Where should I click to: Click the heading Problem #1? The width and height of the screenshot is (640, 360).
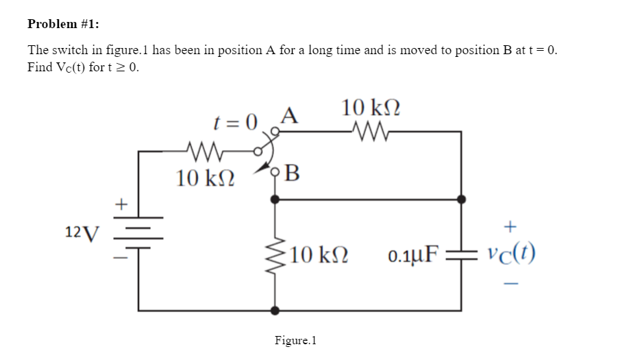pos(63,24)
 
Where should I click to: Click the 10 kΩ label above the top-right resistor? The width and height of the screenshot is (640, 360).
pos(371,108)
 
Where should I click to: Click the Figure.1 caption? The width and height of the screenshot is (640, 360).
pos(295,340)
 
